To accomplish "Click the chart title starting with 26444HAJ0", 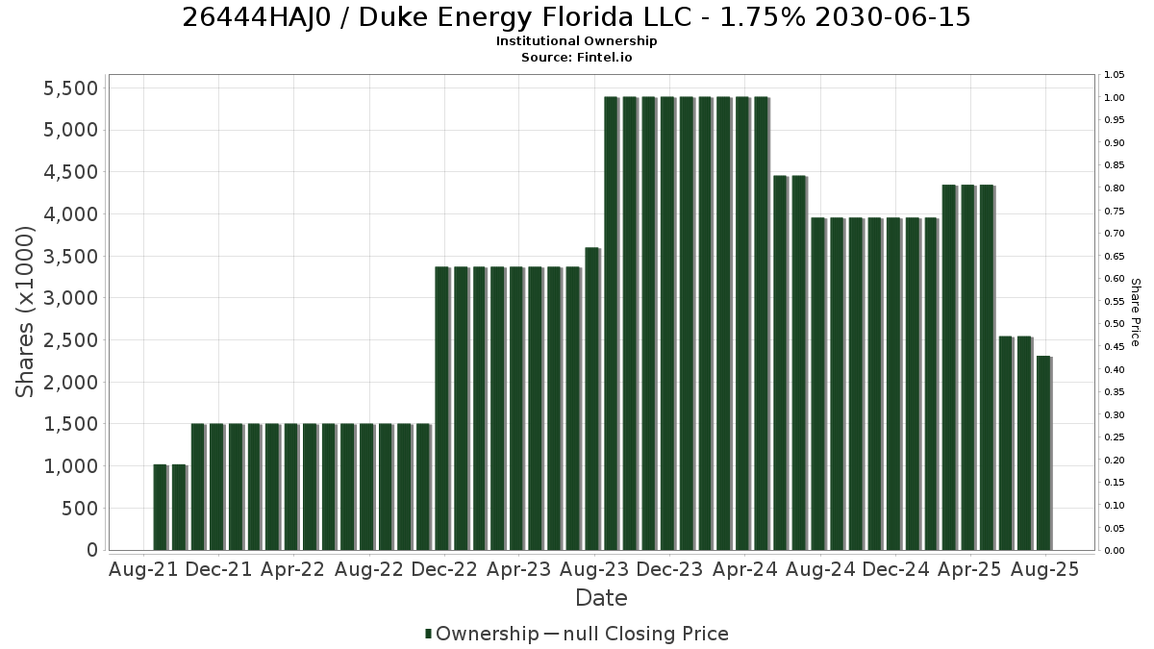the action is pos(576,17).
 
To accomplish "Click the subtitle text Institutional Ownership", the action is pos(576,41).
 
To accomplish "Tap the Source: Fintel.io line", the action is pos(576,57).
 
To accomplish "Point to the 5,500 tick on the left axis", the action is pos(70,88).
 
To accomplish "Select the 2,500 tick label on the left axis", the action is pos(70,340).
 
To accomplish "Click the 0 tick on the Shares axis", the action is pos(92,550).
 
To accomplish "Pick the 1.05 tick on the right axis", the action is pos(1114,75).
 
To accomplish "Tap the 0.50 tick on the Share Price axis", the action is pos(1114,324).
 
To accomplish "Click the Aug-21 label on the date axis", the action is pos(143,569).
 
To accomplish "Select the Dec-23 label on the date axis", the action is pos(669,569).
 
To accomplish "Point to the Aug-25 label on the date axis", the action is pos(1044,569).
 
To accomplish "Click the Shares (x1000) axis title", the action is pos(25,312).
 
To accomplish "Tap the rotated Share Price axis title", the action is pos(1135,312).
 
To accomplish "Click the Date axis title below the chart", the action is pos(601,598).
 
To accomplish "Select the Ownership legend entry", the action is pos(482,634).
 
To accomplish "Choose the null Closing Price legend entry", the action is pos(637,634).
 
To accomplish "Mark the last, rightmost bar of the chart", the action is pos(1043,453).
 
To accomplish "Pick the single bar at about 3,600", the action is pos(592,399).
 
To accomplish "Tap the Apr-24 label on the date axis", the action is pos(744,569).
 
